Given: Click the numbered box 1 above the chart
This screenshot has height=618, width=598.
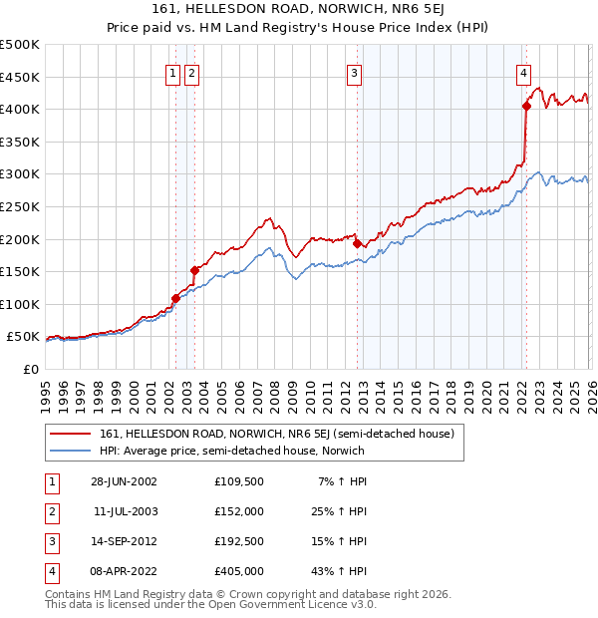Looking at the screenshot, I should click(x=172, y=72).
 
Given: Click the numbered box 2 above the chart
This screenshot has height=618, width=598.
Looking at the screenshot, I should click(x=191, y=72).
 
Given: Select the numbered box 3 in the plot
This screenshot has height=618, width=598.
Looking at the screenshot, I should click(x=354, y=72).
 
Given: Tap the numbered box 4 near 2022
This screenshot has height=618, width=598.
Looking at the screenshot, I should click(x=523, y=72).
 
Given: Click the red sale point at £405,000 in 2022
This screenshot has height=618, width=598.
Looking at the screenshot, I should click(x=526, y=107).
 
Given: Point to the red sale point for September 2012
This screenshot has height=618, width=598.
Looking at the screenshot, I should click(x=357, y=243).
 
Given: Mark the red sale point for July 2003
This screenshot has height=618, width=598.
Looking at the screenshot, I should click(x=194, y=269).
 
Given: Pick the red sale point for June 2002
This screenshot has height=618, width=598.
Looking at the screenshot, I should click(x=176, y=297).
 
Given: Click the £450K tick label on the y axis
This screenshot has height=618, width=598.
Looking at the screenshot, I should click(x=20, y=77).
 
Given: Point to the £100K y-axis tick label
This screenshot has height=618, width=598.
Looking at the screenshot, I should click(x=20, y=304).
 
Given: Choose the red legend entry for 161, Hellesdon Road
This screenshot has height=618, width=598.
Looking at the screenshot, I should click(x=276, y=434).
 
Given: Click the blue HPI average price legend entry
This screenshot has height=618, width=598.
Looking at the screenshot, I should click(x=231, y=451).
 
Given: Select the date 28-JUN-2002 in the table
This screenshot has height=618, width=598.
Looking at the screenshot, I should click(x=124, y=481).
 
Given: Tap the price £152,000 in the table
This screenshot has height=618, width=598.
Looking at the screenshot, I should click(x=238, y=511).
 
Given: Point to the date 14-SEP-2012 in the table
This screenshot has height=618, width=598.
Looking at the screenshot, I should click(x=124, y=541).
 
